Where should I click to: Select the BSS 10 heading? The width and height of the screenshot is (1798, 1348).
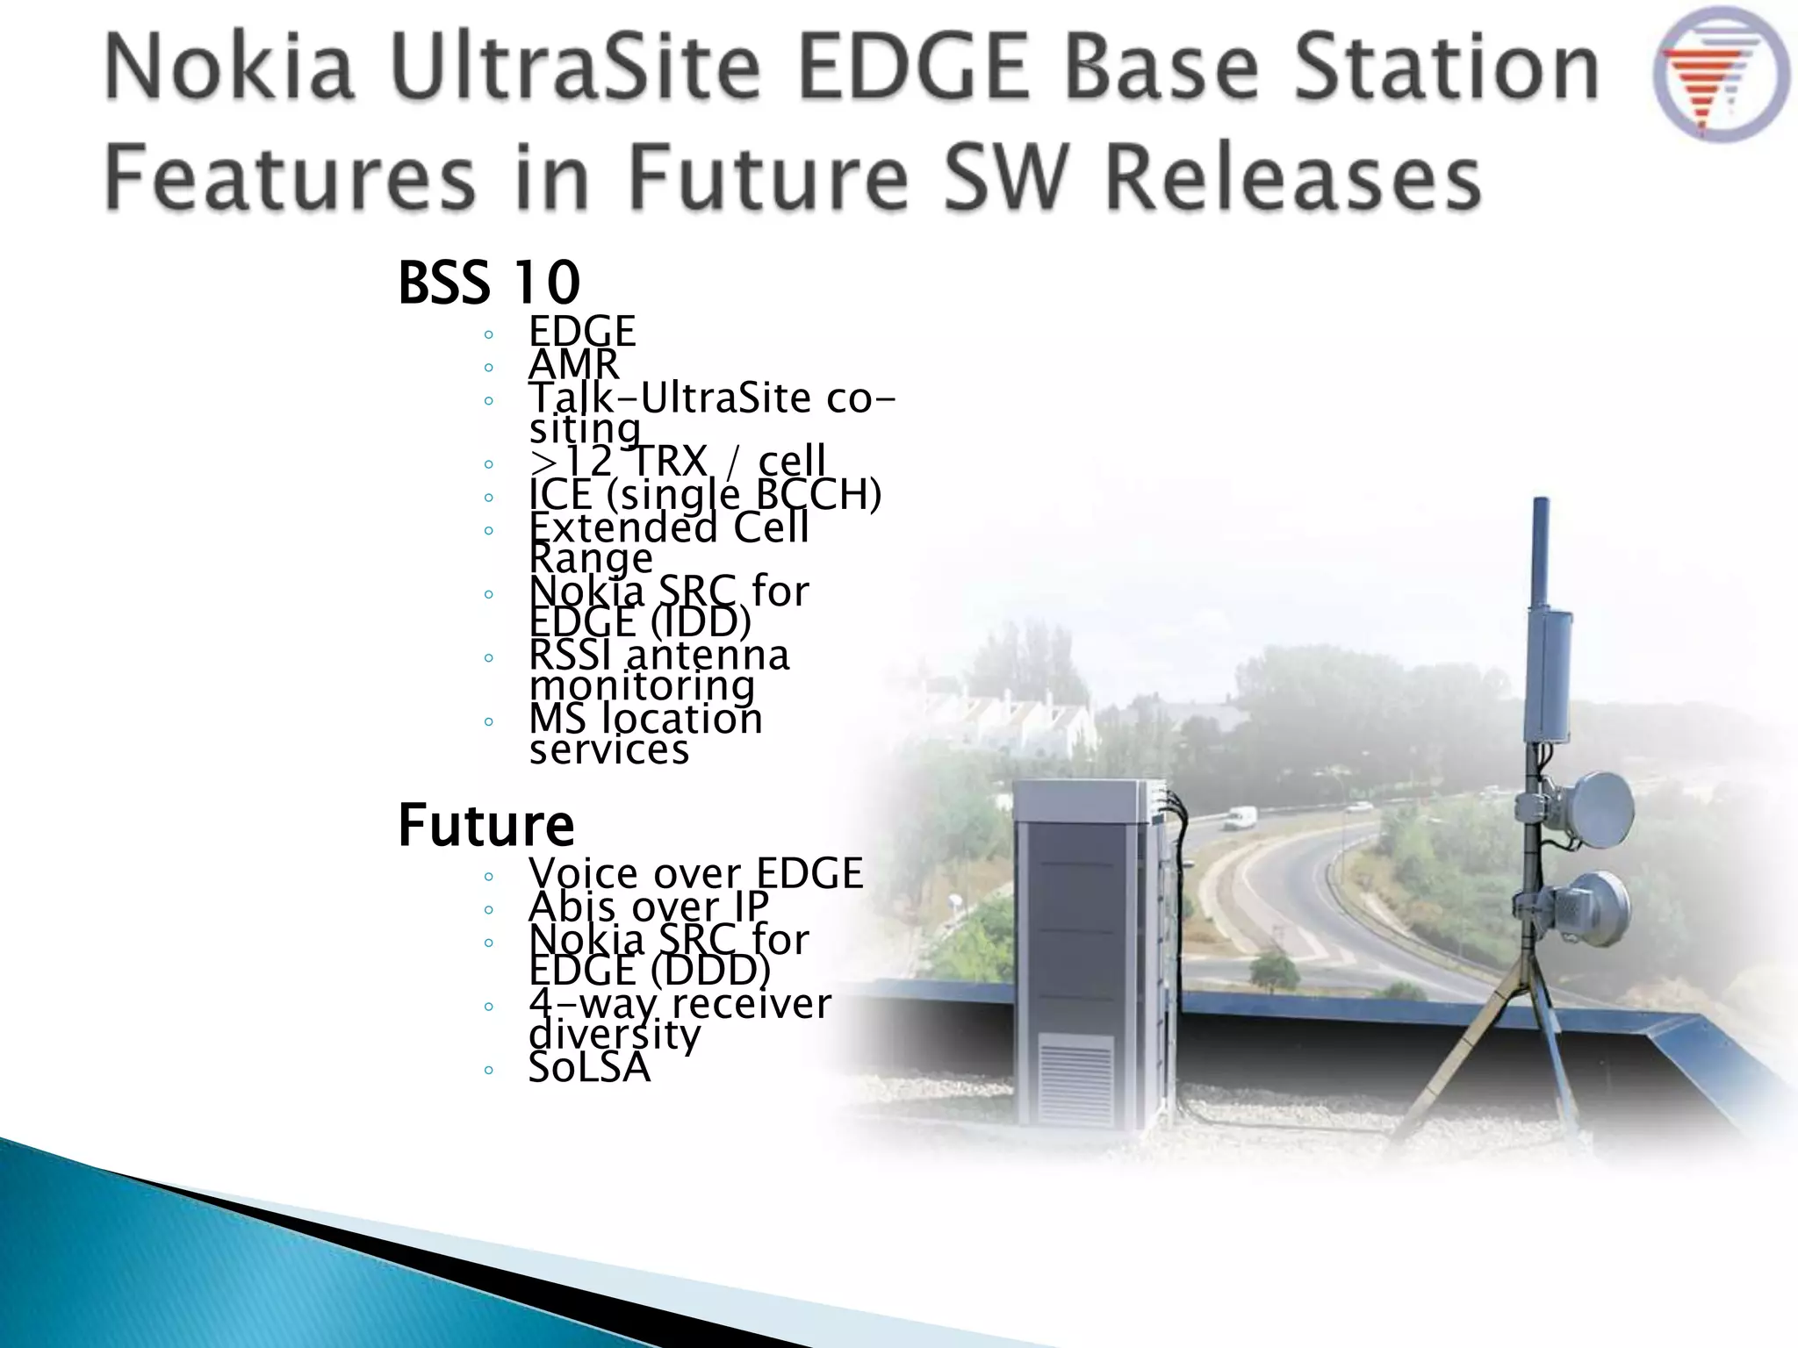point(489,283)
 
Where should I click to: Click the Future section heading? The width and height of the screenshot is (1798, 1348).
point(485,825)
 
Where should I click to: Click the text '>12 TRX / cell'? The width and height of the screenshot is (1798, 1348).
point(677,460)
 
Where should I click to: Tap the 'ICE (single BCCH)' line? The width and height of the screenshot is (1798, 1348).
point(704,494)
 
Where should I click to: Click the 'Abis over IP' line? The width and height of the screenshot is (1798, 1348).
point(648,907)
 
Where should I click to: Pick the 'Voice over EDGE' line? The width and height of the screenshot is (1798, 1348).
point(695,873)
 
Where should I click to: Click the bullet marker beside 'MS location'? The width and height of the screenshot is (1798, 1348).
point(488,722)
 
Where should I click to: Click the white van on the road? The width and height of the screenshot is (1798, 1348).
point(1238,819)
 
